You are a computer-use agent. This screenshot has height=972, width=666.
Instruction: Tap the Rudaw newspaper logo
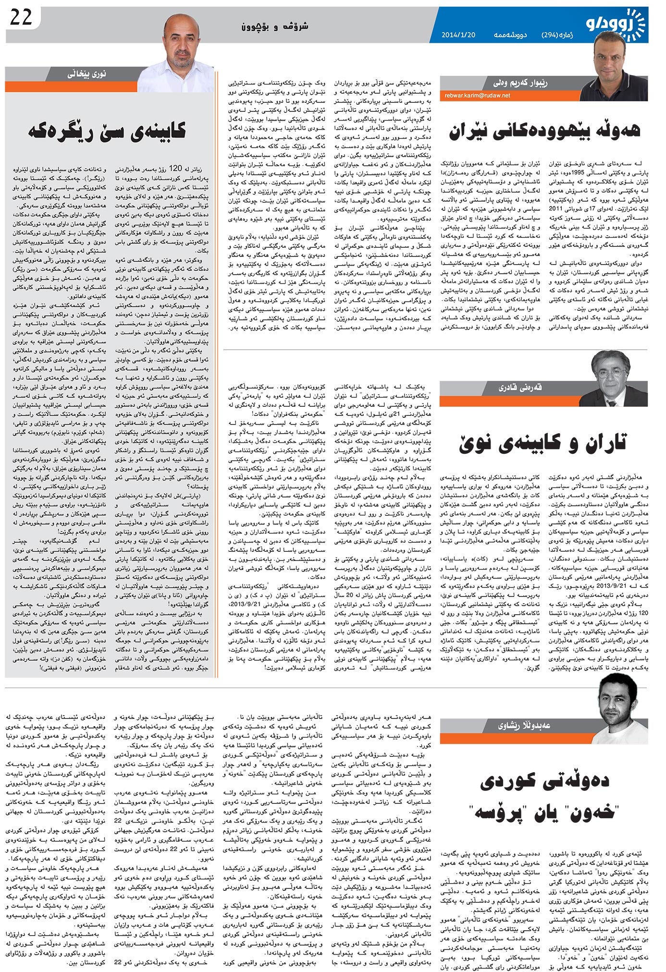coord(620,24)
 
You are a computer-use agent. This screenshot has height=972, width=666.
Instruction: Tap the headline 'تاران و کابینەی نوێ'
coord(543,443)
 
